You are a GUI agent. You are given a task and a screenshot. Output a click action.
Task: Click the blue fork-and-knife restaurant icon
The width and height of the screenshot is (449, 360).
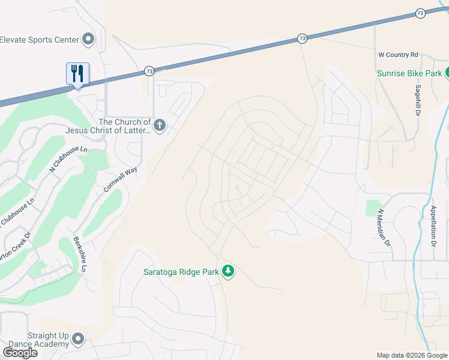tap(77, 74)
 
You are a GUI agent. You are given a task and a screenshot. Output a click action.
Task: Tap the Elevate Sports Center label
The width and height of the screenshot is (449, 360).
tap(40, 40)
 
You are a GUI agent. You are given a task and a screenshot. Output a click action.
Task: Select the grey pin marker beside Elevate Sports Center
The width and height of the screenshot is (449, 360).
tap(88, 40)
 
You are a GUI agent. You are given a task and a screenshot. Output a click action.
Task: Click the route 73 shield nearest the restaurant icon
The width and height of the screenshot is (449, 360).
tap(149, 71)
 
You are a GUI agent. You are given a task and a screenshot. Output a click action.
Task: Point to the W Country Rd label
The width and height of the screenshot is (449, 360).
tap(397, 55)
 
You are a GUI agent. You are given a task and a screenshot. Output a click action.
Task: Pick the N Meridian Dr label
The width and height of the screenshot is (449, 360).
tap(384, 227)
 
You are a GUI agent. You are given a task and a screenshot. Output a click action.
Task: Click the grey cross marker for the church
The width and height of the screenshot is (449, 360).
tap(159, 125)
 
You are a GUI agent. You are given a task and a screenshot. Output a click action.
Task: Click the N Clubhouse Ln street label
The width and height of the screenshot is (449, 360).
tap(68, 155)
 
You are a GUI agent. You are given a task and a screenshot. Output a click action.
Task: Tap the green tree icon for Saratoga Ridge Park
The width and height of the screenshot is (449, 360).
tap(228, 272)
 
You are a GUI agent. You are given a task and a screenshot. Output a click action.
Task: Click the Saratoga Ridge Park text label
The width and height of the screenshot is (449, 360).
tap(181, 272)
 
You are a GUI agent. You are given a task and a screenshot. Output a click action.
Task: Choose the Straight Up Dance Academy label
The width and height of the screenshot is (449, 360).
tap(47, 340)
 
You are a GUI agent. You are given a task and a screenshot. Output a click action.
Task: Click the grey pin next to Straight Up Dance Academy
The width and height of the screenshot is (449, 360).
tap(77, 340)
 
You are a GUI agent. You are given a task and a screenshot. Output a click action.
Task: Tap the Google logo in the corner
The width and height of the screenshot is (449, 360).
tap(20, 352)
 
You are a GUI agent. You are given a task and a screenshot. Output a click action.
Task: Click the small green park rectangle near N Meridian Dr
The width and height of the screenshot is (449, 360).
tap(373, 208)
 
